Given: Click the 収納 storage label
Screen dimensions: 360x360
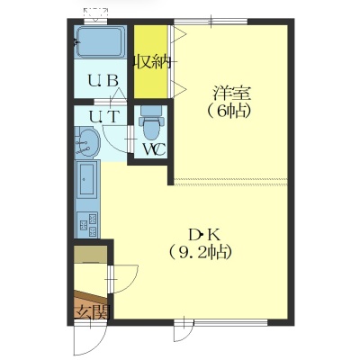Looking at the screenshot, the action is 153,62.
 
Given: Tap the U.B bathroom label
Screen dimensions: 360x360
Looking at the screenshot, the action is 103,80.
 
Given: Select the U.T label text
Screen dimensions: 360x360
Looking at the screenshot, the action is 105,116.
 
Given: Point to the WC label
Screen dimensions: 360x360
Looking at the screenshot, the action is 154,149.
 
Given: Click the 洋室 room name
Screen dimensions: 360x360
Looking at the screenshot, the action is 231,94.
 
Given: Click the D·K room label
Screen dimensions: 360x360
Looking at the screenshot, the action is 204,235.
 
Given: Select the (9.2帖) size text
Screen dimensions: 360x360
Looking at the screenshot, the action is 200,253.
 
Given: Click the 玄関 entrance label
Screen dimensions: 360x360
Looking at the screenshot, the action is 92,312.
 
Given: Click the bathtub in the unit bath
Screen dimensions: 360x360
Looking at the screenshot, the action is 100,41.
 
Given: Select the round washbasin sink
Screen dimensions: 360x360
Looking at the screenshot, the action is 88,143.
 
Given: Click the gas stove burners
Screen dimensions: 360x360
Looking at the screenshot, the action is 87,223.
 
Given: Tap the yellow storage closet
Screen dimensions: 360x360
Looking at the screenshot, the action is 150,61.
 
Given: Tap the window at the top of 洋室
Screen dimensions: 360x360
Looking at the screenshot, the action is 211,22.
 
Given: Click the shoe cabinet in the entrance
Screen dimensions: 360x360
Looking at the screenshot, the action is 91,254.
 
